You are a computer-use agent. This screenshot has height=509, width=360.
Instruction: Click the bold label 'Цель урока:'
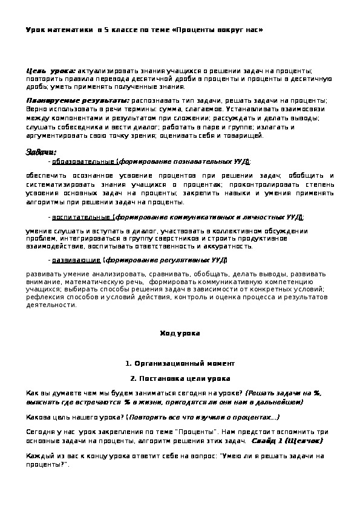pos(51,71)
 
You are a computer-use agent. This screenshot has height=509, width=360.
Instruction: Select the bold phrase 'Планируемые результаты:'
pos(77,100)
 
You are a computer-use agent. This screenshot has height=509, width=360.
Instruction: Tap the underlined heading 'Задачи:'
pos(41,152)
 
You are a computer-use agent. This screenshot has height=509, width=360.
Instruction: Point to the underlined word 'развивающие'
pos(76,261)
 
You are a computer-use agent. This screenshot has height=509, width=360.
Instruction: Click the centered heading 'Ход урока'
pos(179,333)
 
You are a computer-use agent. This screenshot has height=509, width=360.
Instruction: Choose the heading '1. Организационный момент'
pos(179,363)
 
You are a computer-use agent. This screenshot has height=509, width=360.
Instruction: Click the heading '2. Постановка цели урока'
pos(179,378)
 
